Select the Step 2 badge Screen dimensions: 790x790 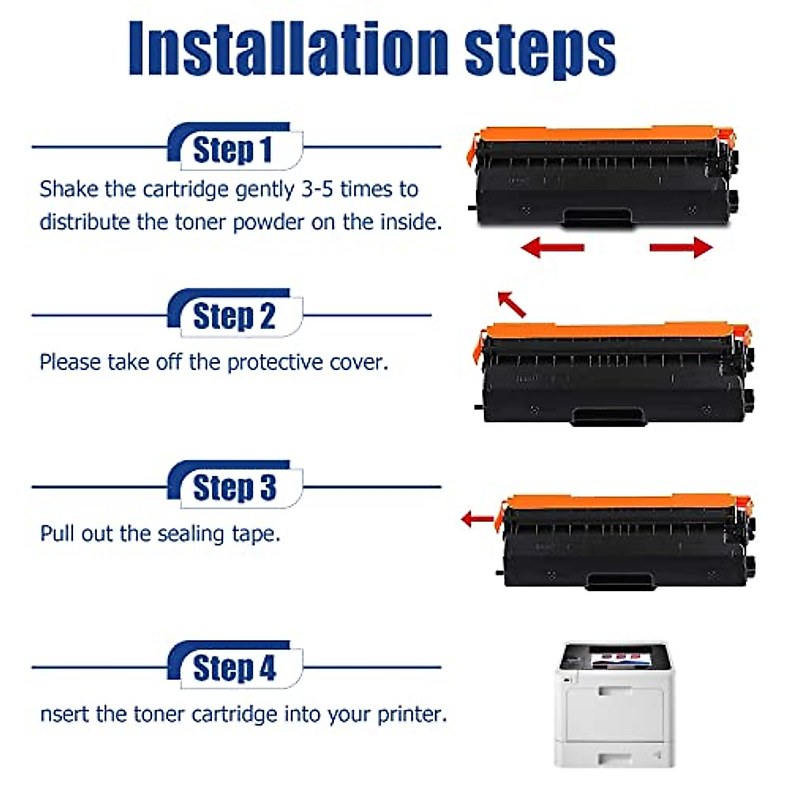(x=233, y=317)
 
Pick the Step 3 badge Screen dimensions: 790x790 (x=233, y=488)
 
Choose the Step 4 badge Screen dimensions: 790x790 (x=233, y=668)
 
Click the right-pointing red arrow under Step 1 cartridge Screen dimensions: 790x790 (x=681, y=248)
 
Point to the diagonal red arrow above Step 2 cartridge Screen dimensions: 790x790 (x=512, y=304)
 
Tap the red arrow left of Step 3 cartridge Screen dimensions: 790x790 (x=478, y=519)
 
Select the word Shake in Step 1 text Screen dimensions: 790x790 (x=68, y=190)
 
